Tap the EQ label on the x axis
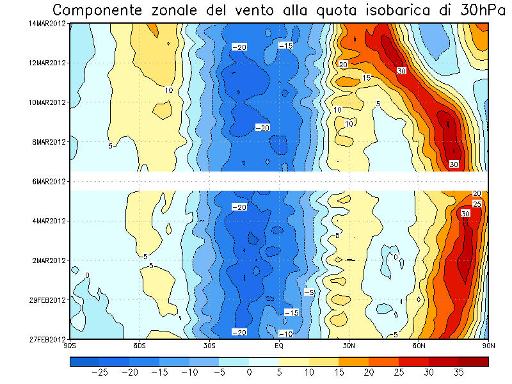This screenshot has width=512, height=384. (x=279, y=346)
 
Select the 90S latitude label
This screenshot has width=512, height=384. (x=70, y=346)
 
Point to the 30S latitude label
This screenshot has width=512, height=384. (x=209, y=346)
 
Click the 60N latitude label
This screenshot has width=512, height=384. (x=419, y=346)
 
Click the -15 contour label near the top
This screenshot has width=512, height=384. (x=285, y=45)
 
